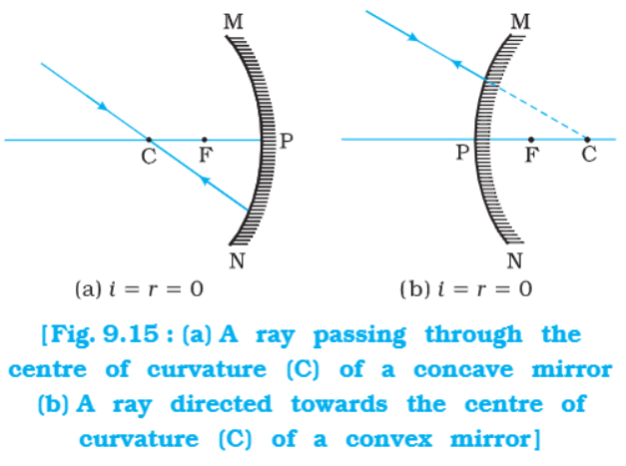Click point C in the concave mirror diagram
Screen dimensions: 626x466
tap(149, 140)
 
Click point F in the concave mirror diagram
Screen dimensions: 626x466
tap(205, 140)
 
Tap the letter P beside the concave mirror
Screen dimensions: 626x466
tap(287, 141)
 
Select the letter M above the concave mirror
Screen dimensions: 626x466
tap(234, 22)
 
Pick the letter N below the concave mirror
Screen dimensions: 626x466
tap(237, 261)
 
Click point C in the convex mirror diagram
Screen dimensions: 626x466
tap(587, 140)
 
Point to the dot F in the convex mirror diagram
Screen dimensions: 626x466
tap(531, 140)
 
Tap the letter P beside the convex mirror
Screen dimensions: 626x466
tap(462, 152)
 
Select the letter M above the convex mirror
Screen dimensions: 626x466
tap(521, 22)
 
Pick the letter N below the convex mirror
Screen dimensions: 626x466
tap(514, 260)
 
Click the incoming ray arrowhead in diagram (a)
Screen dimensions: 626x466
tap(104, 107)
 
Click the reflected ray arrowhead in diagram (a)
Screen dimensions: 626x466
tap(205, 181)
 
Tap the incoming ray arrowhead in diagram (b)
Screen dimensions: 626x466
tap(413, 38)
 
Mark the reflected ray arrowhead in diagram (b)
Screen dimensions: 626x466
tap(456, 63)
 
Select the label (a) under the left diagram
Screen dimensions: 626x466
tap(88, 288)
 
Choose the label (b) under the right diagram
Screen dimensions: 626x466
tap(415, 288)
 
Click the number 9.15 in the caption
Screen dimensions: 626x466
tap(130, 333)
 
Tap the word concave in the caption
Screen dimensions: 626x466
tap(463, 369)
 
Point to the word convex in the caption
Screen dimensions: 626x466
tap(388, 439)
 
